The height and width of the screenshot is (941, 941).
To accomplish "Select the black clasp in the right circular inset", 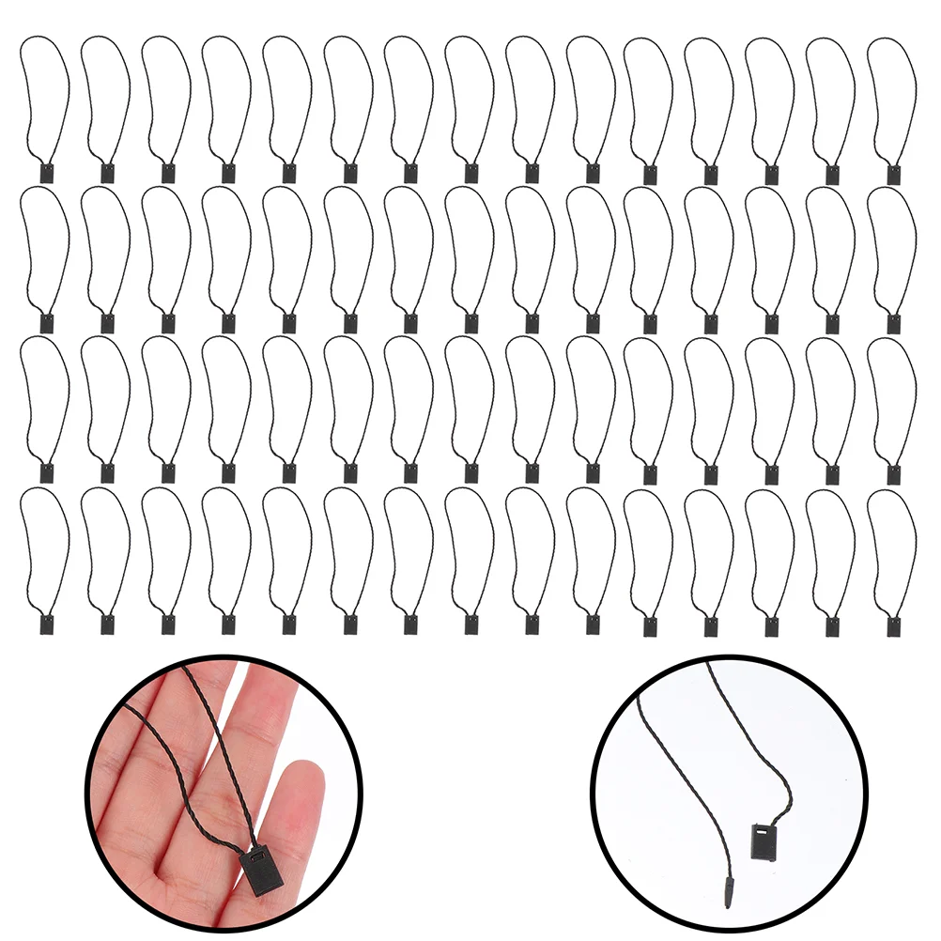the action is (764, 841).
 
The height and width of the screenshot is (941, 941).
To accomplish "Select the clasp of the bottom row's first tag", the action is (49, 624).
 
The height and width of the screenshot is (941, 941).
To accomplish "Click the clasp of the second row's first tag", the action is (49, 323).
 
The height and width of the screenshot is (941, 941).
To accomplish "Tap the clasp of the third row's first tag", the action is (49, 473).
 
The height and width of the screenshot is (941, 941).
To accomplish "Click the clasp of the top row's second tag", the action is (109, 174).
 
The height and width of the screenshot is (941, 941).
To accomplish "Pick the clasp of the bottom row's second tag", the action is (109, 625).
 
